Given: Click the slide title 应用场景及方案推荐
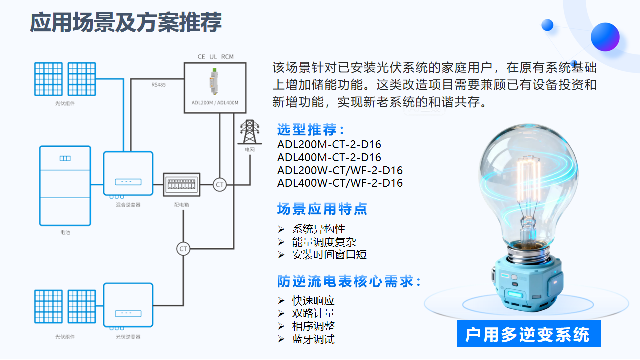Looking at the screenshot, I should point(126,23).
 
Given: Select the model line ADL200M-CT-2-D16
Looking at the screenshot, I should point(329,145).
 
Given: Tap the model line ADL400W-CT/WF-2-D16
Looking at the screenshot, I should point(340,183).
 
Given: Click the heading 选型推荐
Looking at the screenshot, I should point(310,130).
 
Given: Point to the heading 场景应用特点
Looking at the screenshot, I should point(322,209).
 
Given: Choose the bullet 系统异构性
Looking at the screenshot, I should point(318,229).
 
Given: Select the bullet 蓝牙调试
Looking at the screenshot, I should point(313,340).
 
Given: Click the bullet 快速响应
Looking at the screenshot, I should point(313,301).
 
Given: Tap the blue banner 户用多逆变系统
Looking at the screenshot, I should point(528,334).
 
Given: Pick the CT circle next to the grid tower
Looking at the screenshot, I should point(219,185).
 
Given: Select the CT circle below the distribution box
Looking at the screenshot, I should point(183,249).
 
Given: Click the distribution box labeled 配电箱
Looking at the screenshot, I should point(182,185).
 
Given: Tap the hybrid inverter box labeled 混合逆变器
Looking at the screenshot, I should point(128,173).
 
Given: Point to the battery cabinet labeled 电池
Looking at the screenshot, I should point(65,185).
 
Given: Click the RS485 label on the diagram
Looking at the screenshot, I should point(158,85).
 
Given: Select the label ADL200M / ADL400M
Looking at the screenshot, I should point(215,103).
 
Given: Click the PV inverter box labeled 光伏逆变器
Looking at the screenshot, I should point(128,305).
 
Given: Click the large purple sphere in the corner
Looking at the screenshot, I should point(605,37).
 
